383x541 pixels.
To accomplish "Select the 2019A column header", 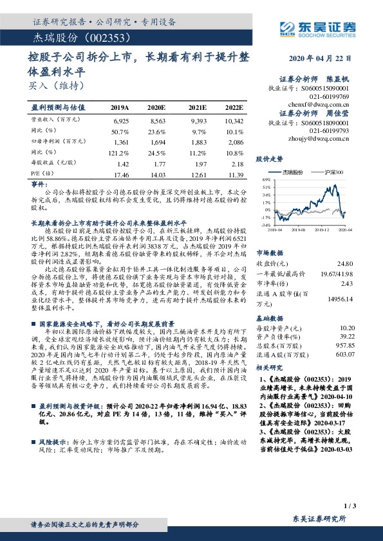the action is click(120, 107).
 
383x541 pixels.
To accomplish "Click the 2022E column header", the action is click(234, 107).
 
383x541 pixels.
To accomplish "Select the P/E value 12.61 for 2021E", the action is click(199, 175).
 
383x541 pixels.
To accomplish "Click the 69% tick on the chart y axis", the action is click(263, 179).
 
